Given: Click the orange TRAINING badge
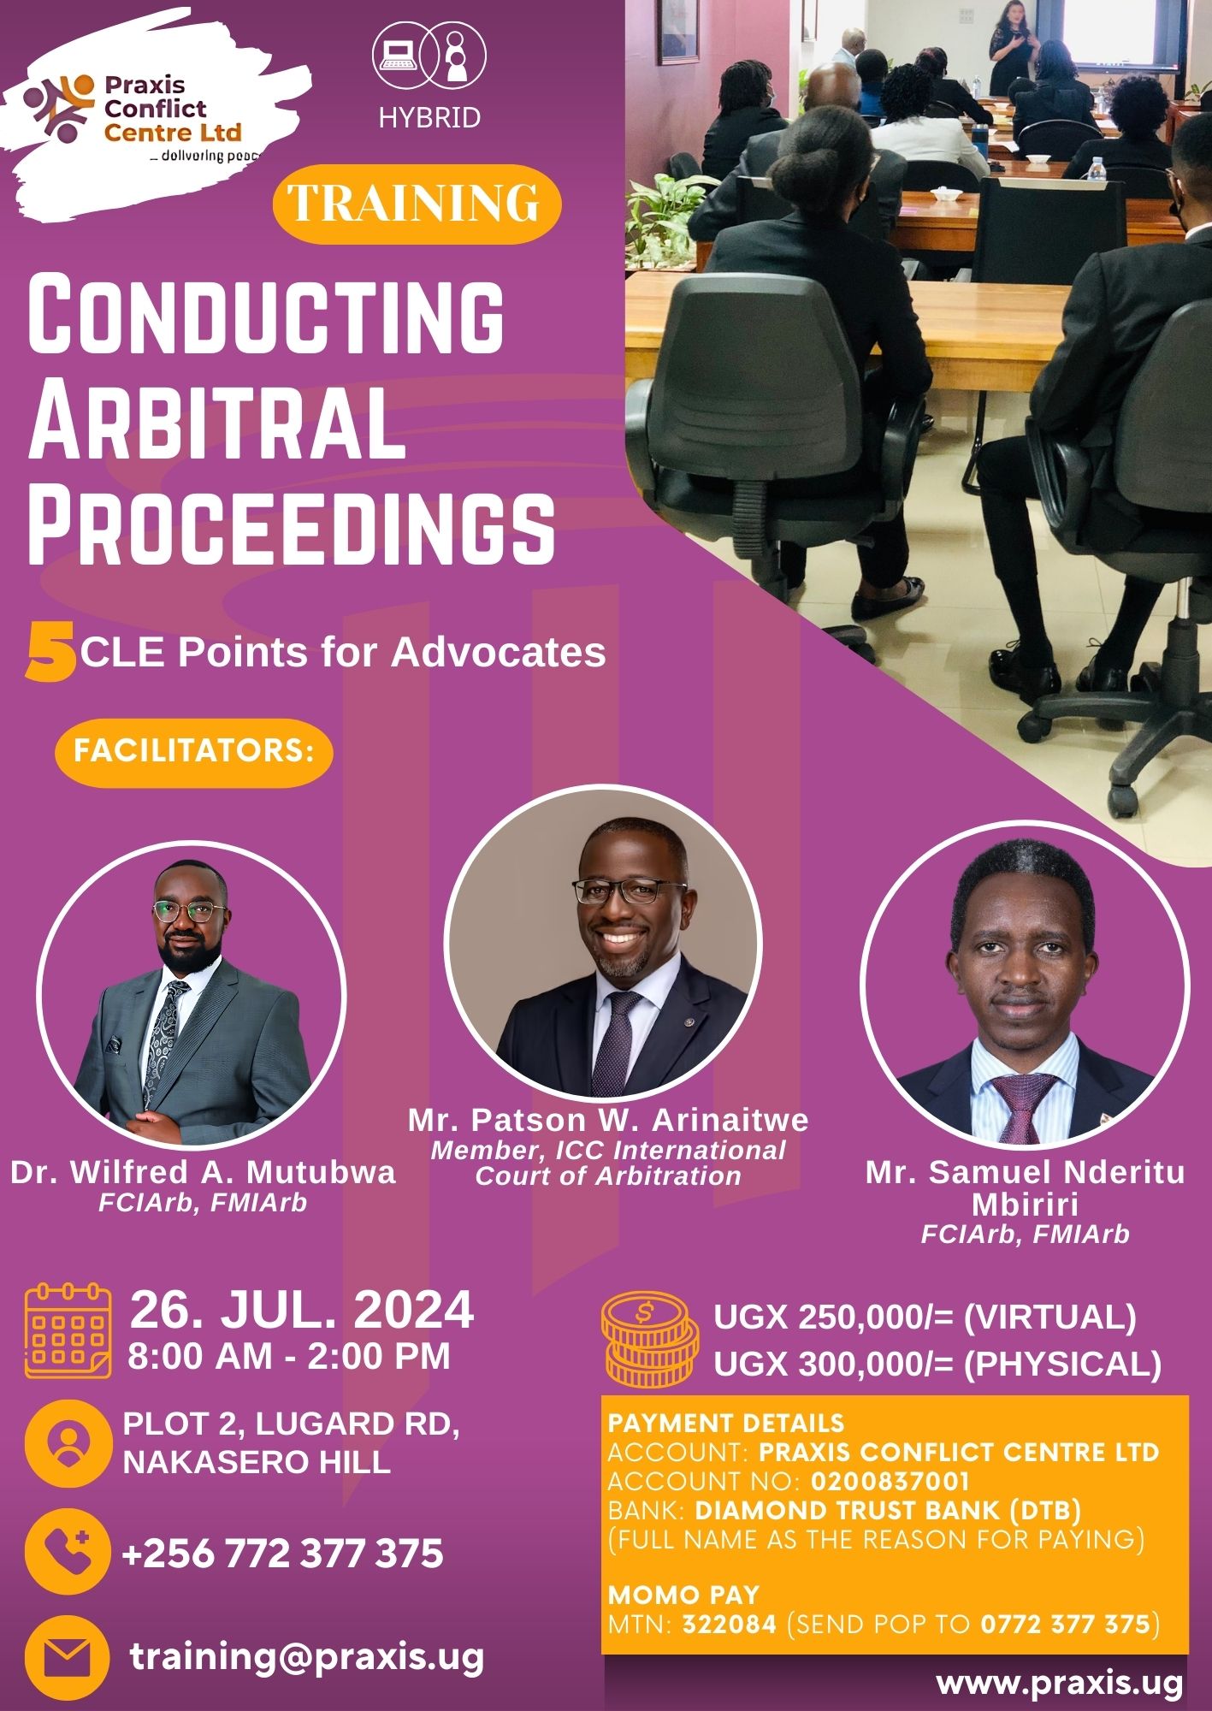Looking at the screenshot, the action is (417, 204).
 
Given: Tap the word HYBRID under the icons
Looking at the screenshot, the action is (429, 118).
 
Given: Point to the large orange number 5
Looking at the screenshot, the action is (50, 652).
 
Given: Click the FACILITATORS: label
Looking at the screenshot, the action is (193, 751).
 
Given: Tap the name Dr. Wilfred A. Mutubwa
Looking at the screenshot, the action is (204, 1171).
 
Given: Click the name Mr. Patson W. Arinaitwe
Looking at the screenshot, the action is (608, 1120).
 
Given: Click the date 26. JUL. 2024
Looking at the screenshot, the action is (302, 1309).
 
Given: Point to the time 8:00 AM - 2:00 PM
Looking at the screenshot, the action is (289, 1356).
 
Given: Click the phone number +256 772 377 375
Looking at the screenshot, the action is (283, 1554).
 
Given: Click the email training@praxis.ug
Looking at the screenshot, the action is (307, 1658).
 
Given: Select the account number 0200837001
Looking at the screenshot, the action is (890, 1481).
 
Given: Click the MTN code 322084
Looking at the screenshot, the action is (729, 1624).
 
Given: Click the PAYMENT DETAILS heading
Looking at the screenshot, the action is (726, 1423).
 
